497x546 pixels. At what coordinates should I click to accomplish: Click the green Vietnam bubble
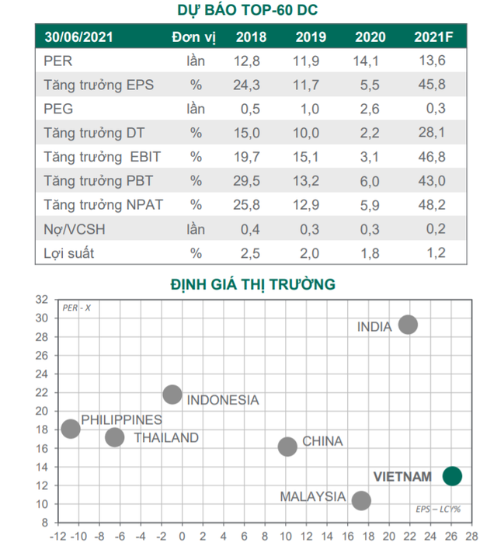[x=452, y=476]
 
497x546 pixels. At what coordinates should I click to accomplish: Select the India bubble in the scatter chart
[x=408, y=325]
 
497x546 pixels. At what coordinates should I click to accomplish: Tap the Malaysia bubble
[x=360, y=501]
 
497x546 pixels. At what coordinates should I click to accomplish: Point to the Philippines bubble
[x=71, y=429]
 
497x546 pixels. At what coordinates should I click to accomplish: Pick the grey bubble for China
[x=287, y=446]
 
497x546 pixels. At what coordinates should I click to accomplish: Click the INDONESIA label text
[x=223, y=400]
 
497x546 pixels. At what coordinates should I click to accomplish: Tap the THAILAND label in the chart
[x=166, y=437]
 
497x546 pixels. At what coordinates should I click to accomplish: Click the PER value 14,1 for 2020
[x=368, y=61]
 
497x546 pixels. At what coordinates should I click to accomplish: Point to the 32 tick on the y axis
[x=41, y=299]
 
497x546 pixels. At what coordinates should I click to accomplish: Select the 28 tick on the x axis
[x=472, y=536]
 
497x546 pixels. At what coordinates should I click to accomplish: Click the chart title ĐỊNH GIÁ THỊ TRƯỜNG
[x=252, y=284]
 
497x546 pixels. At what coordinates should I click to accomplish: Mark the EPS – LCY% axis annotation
[x=436, y=509]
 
